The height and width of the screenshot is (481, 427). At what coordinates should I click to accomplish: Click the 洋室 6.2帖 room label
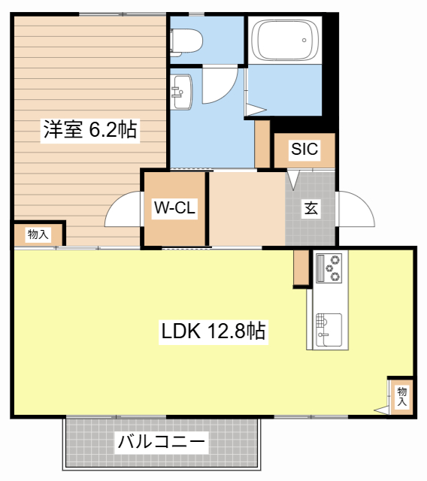(89, 130)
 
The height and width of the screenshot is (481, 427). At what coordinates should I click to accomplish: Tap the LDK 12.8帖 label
(214, 331)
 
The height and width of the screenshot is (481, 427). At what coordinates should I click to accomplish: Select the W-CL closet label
(174, 209)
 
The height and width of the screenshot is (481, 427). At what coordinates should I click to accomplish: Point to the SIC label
(304, 149)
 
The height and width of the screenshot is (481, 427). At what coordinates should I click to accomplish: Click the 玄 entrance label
(310, 209)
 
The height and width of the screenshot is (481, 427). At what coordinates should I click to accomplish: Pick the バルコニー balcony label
(162, 442)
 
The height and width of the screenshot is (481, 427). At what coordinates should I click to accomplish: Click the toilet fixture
(183, 37)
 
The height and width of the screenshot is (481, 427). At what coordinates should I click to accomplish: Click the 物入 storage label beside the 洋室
(38, 234)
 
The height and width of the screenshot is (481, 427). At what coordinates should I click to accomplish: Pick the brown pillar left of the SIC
(262, 143)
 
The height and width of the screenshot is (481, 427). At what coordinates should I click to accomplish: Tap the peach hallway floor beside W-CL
(247, 208)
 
